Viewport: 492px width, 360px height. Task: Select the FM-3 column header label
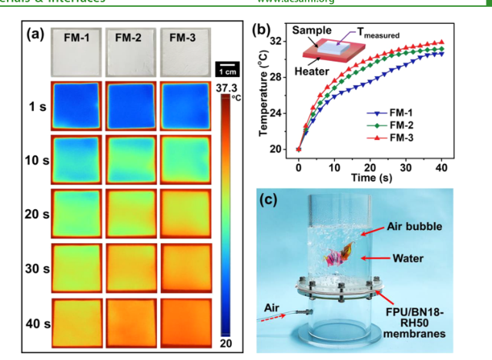coord(182,37)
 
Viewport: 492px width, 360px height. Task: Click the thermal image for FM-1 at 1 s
coord(76,105)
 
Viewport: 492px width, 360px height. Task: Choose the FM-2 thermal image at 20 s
coord(131,212)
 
